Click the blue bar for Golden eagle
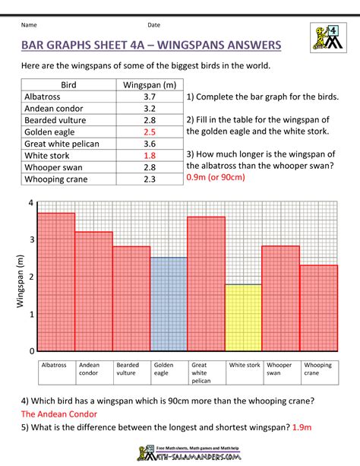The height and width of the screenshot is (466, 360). [x=168, y=304]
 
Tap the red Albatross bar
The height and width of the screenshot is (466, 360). [x=56, y=281]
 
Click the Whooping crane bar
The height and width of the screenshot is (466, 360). [x=318, y=308]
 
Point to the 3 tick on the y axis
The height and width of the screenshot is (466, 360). [x=31, y=239]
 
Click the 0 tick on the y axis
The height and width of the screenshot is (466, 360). [x=31, y=351]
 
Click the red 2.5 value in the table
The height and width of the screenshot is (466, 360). [x=149, y=132]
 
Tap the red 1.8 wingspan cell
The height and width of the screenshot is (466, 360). [x=149, y=155]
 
